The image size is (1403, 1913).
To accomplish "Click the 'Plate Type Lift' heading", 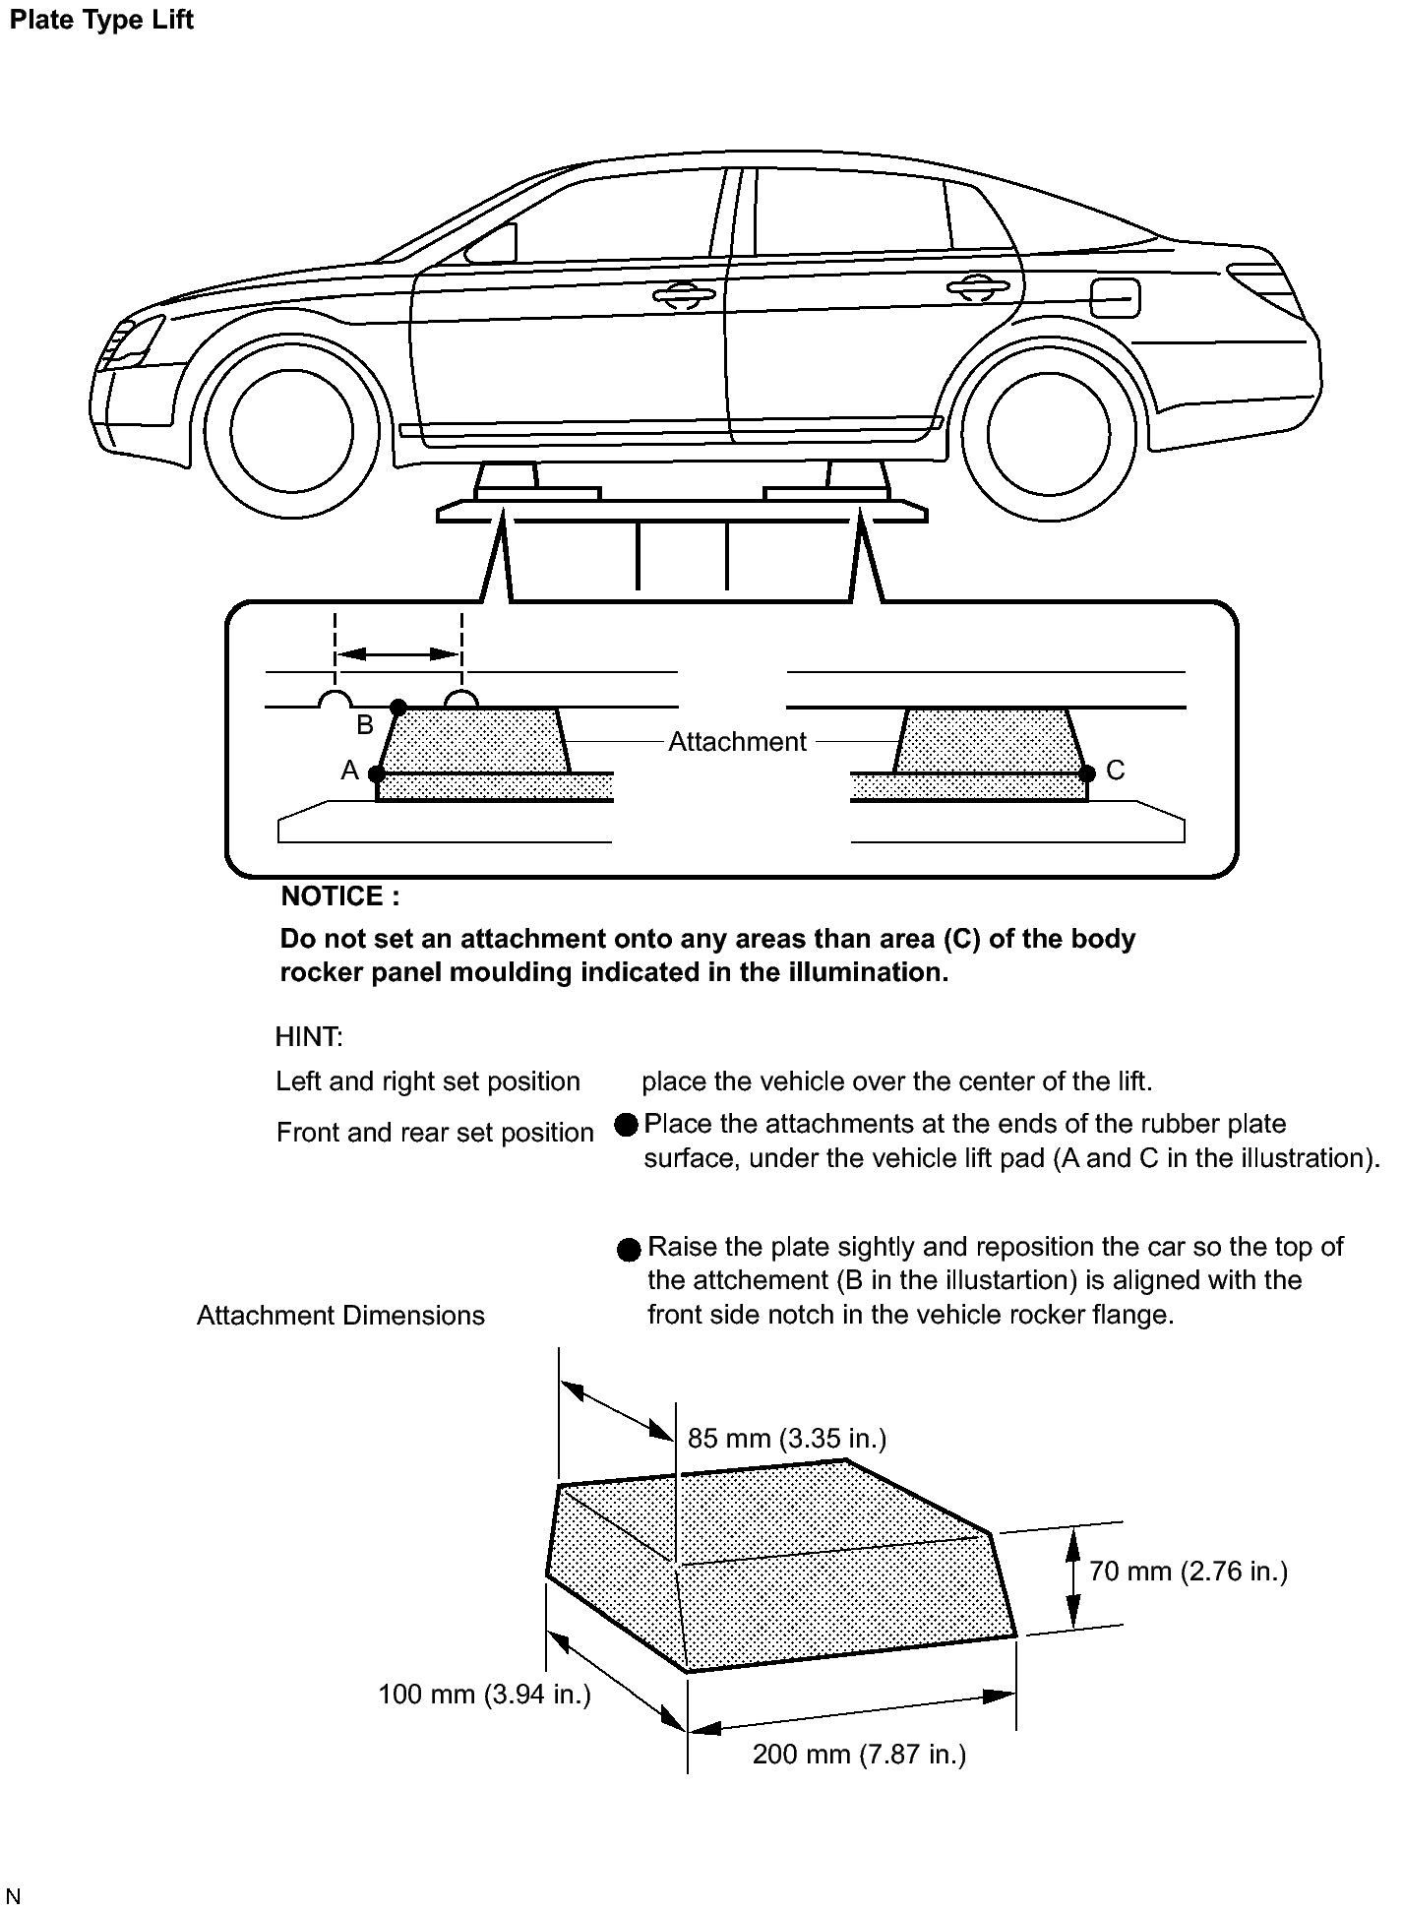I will pyautogui.click(x=101, y=21).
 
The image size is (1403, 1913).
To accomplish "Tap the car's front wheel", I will pyautogui.click(x=292, y=430).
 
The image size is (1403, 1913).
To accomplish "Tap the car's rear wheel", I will pyautogui.click(x=1048, y=434).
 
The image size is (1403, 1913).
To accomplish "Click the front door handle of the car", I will pyautogui.click(x=683, y=294).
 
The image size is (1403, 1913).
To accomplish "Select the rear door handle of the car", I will pyautogui.click(x=977, y=287).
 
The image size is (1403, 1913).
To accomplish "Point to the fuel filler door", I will pyautogui.click(x=1115, y=298).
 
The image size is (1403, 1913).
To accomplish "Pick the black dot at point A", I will pyautogui.click(x=377, y=773).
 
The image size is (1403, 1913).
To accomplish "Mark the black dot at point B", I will pyautogui.click(x=397, y=708).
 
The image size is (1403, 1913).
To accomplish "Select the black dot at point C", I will pyautogui.click(x=1086, y=773).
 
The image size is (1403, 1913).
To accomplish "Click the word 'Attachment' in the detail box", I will pyautogui.click(x=737, y=742).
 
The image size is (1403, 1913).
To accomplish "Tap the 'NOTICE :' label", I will pyautogui.click(x=340, y=896).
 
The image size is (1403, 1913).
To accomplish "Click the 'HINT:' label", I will pyautogui.click(x=309, y=1036).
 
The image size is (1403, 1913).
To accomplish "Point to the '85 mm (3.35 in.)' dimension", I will pyautogui.click(x=786, y=1439).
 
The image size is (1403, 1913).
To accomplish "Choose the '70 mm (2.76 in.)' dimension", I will pyautogui.click(x=1188, y=1572).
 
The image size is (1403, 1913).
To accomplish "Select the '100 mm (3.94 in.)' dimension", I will pyautogui.click(x=484, y=1695).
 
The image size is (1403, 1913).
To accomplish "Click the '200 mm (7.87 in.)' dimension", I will pyautogui.click(x=859, y=1755).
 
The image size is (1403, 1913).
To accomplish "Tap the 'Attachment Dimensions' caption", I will pyautogui.click(x=340, y=1316).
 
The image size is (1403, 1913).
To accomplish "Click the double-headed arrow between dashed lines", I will pyautogui.click(x=398, y=654).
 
